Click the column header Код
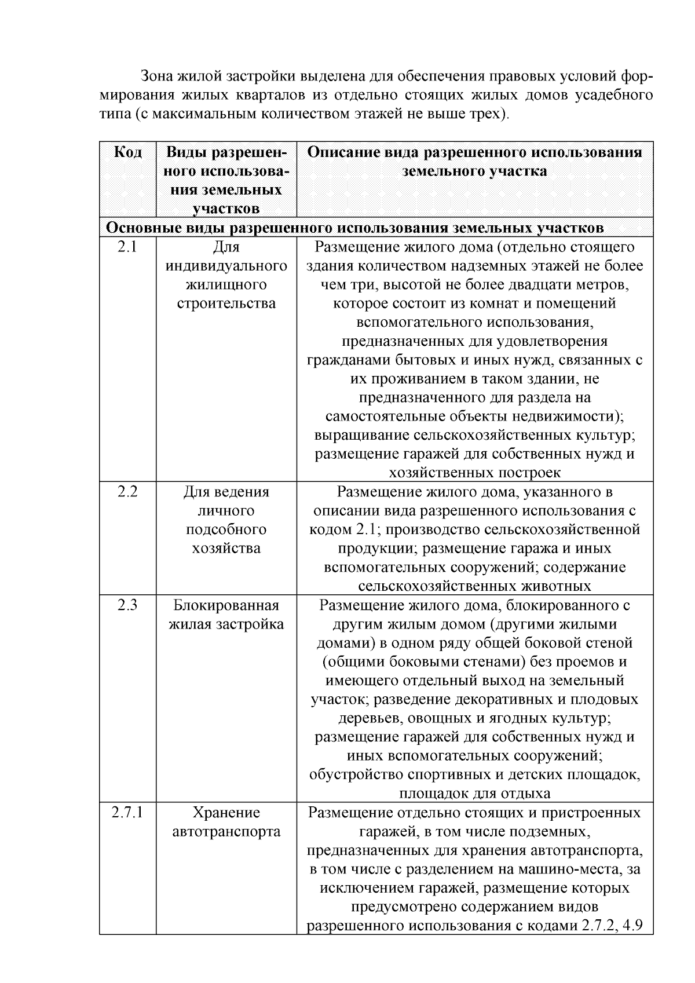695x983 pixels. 128,152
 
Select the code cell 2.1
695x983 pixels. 127,247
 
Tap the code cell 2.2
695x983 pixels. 127,492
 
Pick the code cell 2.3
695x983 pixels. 127,606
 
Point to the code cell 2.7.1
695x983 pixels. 127,813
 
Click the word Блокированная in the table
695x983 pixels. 226,606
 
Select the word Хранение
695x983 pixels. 226,813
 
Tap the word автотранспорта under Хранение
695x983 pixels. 226,832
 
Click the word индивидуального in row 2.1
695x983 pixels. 226,266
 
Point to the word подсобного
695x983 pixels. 226,529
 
